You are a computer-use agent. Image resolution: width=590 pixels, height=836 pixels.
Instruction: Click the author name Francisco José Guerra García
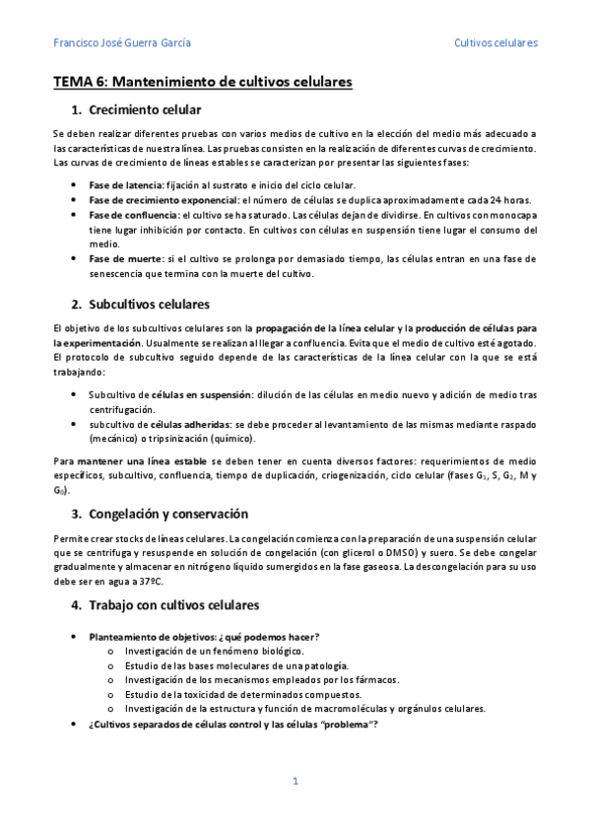pyautogui.click(x=121, y=43)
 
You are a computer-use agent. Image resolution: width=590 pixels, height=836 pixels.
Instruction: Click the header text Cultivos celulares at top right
pyautogui.click(x=495, y=43)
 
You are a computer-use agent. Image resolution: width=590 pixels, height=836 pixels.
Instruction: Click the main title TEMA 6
pyautogui.click(x=202, y=83)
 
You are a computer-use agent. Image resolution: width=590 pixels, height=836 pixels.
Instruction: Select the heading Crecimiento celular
pyautogui.click(x=145, y=109)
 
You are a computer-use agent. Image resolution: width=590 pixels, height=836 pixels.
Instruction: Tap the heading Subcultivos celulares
pyautogui.click(x=149, y=304)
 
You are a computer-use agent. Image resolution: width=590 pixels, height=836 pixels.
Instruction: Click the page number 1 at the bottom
pyautogui.click(x=295, y=781)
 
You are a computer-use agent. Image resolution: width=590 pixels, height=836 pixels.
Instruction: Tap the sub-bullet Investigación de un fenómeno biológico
pyautogui.click(x=215, y=651)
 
